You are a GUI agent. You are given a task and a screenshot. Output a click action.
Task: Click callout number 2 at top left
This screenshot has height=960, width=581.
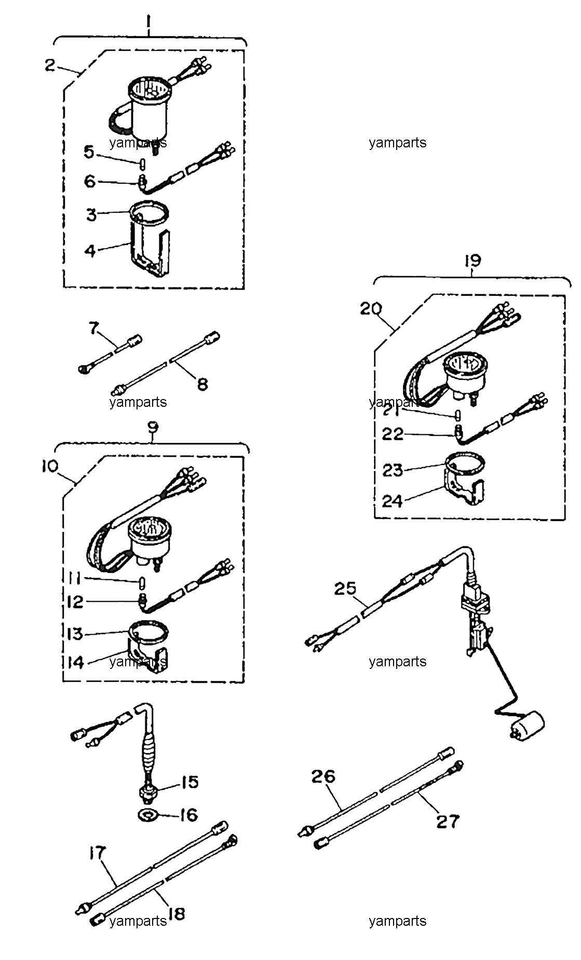(x=50, y=66)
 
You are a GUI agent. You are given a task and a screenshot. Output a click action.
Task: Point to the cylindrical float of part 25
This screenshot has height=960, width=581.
(x=526, y=725)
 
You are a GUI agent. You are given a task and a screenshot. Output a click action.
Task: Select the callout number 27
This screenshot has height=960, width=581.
(x=448, y=821)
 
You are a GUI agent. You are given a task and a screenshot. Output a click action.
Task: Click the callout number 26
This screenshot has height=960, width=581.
(x=323, y=776)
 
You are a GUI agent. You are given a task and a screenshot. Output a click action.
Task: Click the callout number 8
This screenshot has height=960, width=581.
(x=202, y=383)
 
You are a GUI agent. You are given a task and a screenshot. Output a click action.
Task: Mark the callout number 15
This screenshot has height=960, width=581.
(x=190, y=782)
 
